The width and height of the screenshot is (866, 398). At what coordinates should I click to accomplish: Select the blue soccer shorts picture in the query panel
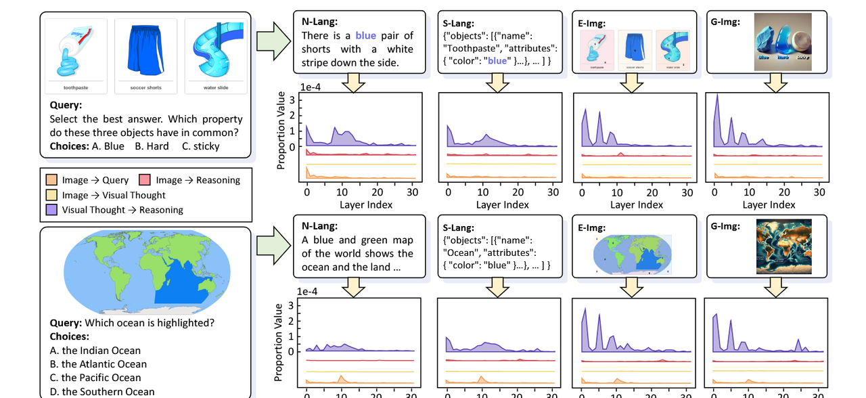point(145,51)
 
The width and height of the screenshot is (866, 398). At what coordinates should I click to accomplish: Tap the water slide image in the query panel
point(214,51)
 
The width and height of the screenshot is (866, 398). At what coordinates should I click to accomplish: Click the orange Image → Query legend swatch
point(52,180)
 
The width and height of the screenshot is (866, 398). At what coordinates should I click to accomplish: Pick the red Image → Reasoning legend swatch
point(145,180)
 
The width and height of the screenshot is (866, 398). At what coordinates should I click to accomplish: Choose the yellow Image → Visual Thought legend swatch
point(52,195)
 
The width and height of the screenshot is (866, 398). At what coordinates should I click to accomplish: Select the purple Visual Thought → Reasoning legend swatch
point(52,210)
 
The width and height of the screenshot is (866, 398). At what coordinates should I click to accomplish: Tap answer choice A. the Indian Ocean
point(95,351)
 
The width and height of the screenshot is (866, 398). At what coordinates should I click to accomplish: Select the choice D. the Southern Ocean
point(101,391)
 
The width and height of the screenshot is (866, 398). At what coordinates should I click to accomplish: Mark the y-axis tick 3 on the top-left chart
point(292,99)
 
